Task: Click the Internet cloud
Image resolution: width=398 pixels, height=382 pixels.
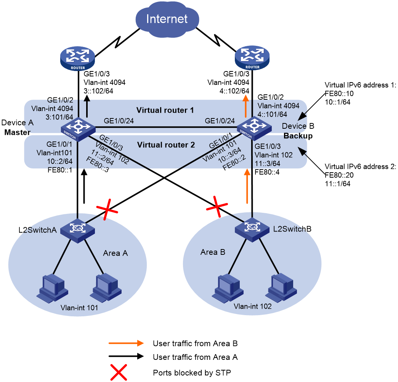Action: coord(167,19)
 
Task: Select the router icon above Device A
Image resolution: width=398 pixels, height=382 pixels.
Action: coord(78,58)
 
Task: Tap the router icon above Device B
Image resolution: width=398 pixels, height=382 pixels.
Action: coord(252,58)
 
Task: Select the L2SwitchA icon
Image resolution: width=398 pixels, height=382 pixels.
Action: coord(78,231)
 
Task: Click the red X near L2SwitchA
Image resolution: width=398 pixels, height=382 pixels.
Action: coord(107,210)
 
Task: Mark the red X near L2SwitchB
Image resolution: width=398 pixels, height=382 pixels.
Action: coord(217,207)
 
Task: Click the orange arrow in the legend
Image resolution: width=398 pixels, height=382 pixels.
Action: coord(126,343)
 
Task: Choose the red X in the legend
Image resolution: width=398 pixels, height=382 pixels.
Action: coord(119,372)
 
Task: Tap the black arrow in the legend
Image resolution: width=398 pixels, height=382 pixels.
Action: coord(126,356)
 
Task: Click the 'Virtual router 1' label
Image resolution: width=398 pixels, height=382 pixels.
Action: coord(165,110)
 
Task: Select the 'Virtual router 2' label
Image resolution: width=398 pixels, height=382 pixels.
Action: coord(166,145)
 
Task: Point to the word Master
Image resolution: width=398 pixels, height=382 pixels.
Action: coord(18,132)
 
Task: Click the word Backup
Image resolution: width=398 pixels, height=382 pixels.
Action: coord(298,136)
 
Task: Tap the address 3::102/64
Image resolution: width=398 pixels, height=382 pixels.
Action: coord(98,91)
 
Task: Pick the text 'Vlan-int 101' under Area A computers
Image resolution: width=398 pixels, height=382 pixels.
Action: coord(79,308)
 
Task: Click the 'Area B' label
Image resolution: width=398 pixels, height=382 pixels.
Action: coord(213,252)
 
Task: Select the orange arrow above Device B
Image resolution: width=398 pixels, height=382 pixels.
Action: coord(246,106)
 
